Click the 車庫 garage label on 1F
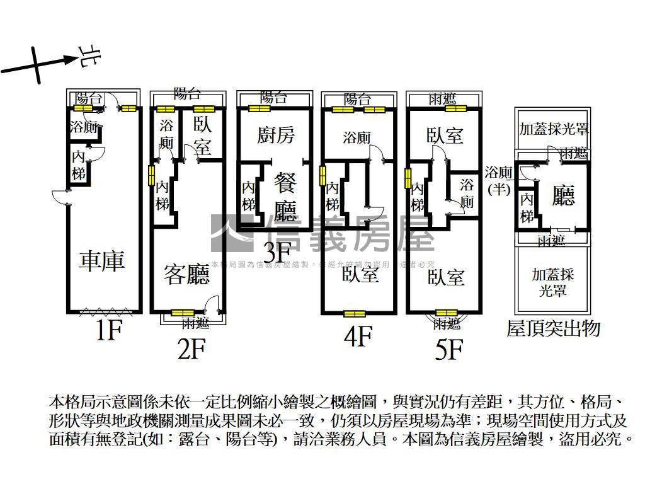coord(101,261)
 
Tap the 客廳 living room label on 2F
coord(186,275)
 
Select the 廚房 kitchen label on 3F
coord(276,135)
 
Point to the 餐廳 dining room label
coord(285,197)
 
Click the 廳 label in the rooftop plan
coord(563,196)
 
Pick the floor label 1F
coord(108,330)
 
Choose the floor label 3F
coord(275,253)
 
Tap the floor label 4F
coord(358,337)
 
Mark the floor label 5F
coord(449,350)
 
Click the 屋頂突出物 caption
coord(553,328)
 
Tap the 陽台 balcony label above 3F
coord(273,98)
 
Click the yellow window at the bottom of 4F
coord(355,313)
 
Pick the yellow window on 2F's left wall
coord(151,175)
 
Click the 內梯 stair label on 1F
coord(78,165)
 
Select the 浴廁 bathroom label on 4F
coord(357,138)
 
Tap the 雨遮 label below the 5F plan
coord(447,325)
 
